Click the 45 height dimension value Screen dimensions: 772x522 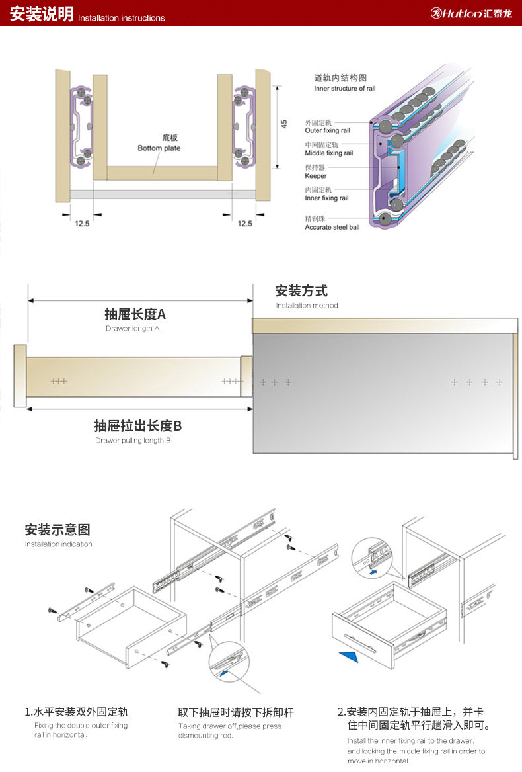284,124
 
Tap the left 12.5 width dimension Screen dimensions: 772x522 81,224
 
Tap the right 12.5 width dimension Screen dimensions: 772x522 245,224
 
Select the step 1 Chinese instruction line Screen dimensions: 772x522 77,712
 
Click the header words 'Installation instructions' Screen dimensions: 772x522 122,18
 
